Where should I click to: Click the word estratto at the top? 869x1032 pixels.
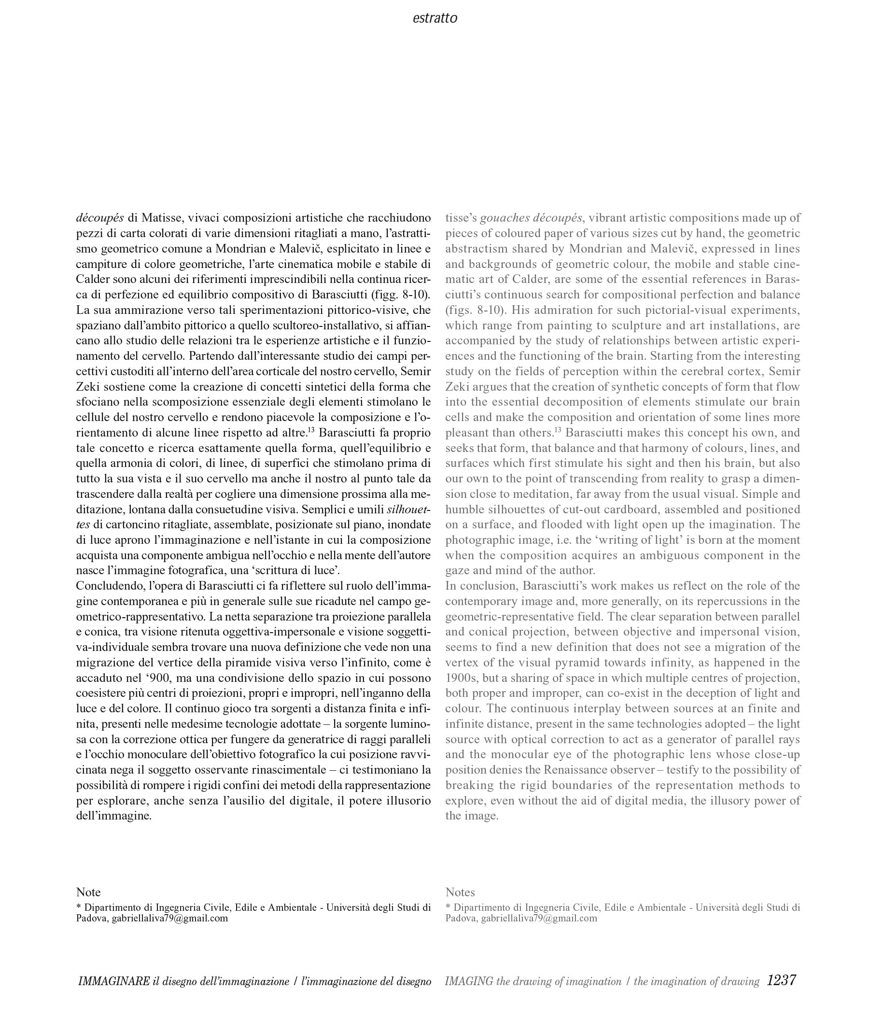[x=434, y=18]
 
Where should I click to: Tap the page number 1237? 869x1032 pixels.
[x=781, y=980]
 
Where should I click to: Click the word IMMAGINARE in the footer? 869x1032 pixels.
[x=114, y=981]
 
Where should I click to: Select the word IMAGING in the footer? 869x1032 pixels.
[x=468, y=981]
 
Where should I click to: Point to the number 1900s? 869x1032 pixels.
[x=461, y=678]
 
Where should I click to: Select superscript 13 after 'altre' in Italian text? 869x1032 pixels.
[x=311, y=430]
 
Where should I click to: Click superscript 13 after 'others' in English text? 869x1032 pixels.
[x=558, y=430]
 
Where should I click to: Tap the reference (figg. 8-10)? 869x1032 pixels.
[x=400, y=295]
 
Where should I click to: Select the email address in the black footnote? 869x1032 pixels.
[x=170, y=918]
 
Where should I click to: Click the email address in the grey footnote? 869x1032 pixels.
[x=539, y=918]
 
